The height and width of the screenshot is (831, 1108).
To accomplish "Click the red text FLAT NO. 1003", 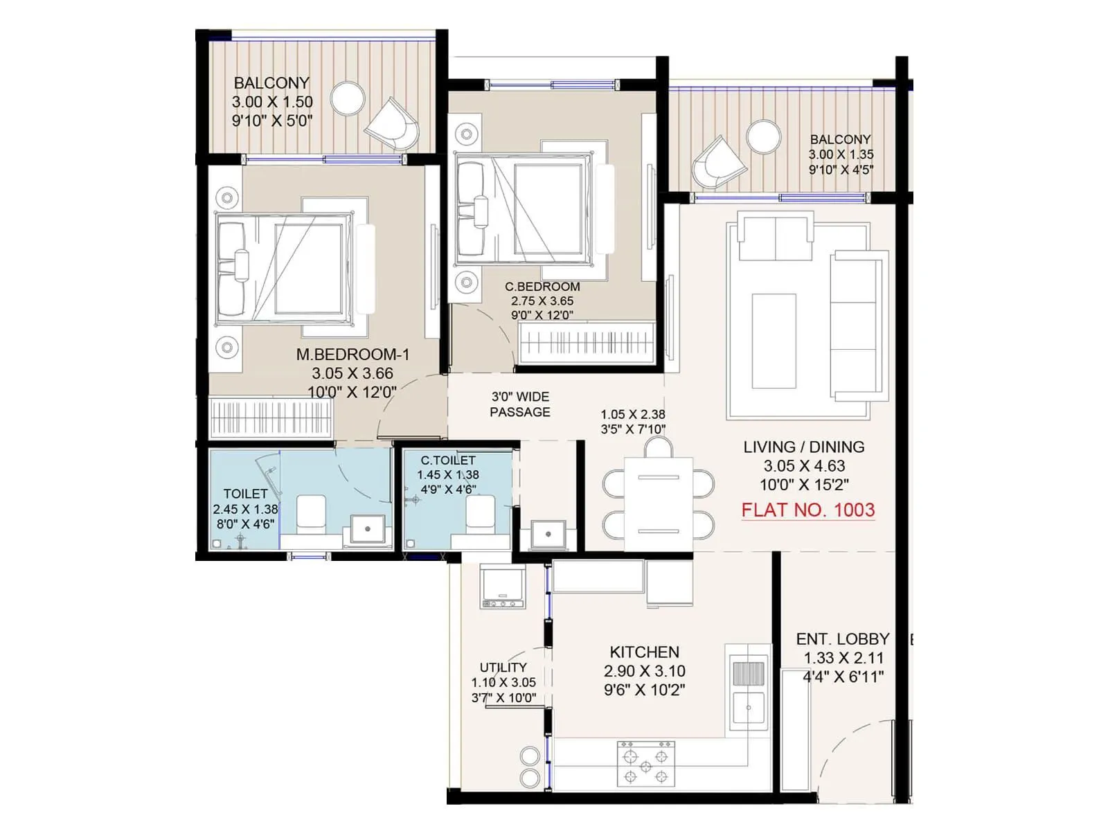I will pyautogui.click(x=807, y=510).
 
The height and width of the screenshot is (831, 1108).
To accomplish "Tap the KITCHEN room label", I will pyautogui.click(x=644, y=652).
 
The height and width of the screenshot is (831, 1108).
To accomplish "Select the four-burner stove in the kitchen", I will pyautogui.click(x=645, y=765).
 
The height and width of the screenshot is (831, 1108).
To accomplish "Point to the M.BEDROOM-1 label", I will pyautogui.click(x=352, y=355).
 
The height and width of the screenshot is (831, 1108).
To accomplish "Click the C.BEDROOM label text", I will pyautogui.click(x=542, y=287).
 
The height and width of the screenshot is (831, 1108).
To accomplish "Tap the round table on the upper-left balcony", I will pyautogui.click(x=348, y=99).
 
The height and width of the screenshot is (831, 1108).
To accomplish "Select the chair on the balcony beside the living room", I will pyautogui.click(x=719, y=163).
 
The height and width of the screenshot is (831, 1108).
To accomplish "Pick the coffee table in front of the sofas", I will pyautogui.click(x=774, y=341).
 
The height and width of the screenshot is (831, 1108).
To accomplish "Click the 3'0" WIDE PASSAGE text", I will pyautogui.click(x=520, y=404).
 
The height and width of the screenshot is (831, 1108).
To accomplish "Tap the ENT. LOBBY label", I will pyautogui.click(x=842, y=639).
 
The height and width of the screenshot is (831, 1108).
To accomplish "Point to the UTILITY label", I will pyautogui.click(x=503, y=668).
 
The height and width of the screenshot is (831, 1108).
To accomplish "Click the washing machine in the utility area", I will pyautogui.click(x=503, y=586).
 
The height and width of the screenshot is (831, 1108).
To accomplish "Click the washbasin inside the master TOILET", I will pyautogui.click(x=368, y=530).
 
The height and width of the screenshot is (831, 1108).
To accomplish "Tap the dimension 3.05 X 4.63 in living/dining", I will pyautogui.click(x=804, y=466).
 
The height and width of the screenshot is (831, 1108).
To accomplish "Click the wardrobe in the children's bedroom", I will pyautogui.click(x=587, y=342).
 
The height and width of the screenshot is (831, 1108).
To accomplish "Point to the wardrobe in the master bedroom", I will pyautogui.click(x=271, y=418).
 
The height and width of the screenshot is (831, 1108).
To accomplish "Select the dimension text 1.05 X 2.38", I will pyautogui.click(x=632, y=415).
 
